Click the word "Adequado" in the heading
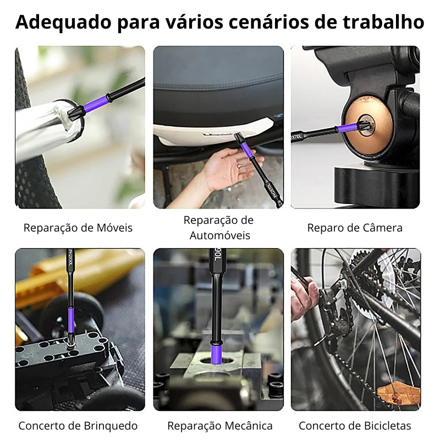click(63, 23)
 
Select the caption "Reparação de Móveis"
click(78, 228)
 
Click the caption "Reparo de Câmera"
click(355, 228)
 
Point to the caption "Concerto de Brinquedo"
click(78, 426)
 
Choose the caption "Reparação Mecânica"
click(220, 426)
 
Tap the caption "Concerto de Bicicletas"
click(355, 426)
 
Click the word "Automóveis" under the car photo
click(220, 235)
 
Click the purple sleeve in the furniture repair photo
click(95, 103)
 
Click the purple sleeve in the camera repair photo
click(348, 128)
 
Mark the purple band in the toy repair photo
click(71, 321)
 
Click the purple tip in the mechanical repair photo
click(217, 354)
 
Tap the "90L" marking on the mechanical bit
click(216, 255)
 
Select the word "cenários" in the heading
click(269, 23)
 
